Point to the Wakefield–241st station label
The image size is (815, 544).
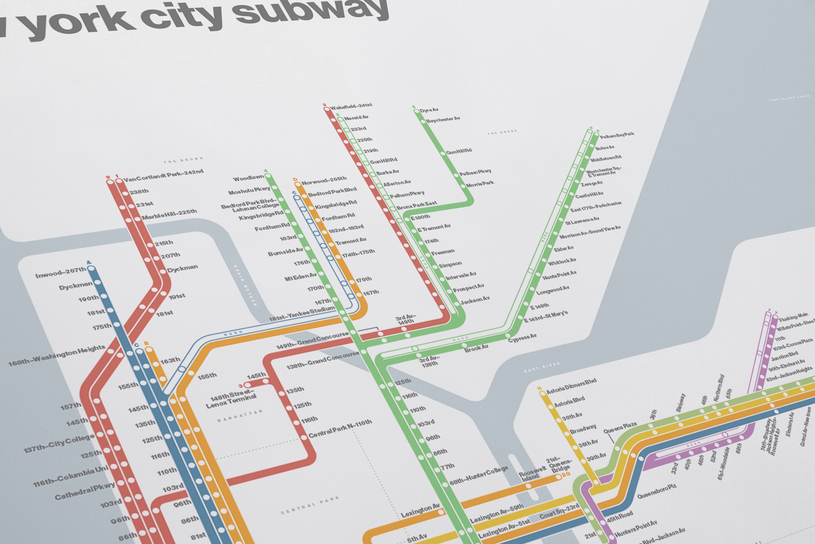click(351, 106)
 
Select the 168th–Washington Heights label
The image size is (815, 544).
click(57, 356)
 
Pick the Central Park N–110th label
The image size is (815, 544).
click(340, 428)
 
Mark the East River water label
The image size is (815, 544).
click(542, 367)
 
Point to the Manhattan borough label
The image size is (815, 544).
click(240, 415)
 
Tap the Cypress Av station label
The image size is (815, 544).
click(522, 338)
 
